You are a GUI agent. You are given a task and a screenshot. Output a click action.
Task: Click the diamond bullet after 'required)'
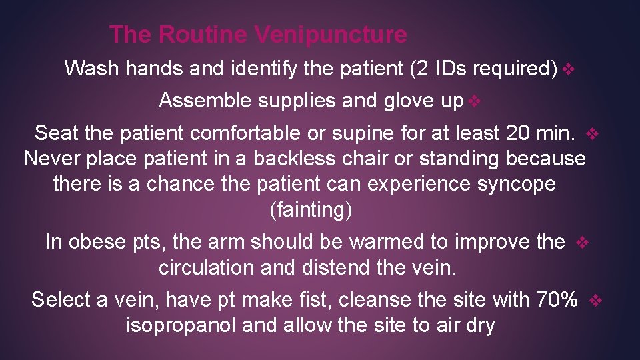click(x=567, y=69)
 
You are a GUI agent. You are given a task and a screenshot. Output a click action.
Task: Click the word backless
click(x=319, y=159)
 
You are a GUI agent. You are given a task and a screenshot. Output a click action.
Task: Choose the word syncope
click(x=517, y=184)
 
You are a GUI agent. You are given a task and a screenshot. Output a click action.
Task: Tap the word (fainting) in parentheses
click(x=310, y=209)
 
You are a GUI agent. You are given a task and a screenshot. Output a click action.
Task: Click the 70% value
click(x=557, y=300)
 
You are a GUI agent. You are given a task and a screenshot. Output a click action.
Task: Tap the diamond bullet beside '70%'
click(x=596, y=301)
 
